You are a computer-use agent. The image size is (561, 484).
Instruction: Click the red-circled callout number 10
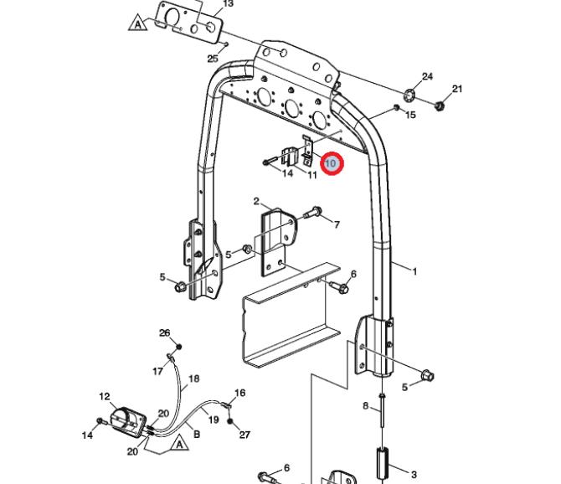click(331, 164)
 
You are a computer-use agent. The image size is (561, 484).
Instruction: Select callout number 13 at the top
click(228, 4)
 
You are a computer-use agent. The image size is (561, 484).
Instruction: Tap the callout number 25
click(213, 59)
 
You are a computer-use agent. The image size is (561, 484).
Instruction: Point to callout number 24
click(427, 76)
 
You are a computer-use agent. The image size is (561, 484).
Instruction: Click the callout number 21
click(457, 89)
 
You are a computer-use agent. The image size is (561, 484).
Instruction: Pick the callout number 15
click(410, 115)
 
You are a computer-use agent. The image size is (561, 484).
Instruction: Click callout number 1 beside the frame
click(414, 272)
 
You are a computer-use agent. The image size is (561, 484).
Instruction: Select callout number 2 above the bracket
click(256, 202)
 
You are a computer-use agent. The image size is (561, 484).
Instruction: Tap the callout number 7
click(337, 224)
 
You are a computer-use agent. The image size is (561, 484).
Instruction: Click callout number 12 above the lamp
click(105, 397)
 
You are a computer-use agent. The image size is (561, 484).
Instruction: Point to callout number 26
click(165, 333)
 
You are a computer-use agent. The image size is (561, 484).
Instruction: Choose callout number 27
click(244, 435)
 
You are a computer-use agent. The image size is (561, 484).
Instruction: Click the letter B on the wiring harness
click(197, 435)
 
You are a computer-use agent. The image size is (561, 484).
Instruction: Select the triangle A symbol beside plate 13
click(138, 23)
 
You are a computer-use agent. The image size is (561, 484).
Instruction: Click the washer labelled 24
click(409, 95)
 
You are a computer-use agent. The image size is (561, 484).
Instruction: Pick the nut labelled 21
click(439, 106)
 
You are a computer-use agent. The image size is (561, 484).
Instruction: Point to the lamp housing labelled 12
click(128, 422)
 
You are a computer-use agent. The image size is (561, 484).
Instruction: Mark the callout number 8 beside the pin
click(365, 405)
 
